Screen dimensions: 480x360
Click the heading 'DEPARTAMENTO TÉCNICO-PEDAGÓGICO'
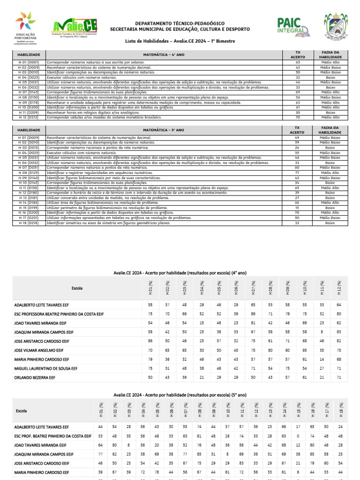180,23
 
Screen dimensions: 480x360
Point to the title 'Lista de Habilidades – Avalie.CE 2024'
180,41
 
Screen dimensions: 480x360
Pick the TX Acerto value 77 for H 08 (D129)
297,172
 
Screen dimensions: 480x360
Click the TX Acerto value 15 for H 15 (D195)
297,207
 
